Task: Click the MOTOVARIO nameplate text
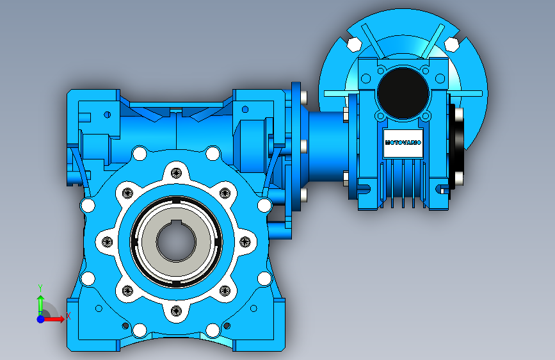click(403, 143)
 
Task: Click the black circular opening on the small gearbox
click(403, 93)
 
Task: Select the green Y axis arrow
click(40, 305)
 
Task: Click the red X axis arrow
click(53, 319)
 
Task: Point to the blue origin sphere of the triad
click(40, 319)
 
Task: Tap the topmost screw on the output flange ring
click(176, 173)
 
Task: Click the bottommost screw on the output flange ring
click(176, 311)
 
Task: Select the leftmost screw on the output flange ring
click(107, 242)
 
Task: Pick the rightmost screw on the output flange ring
click(245, 242)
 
